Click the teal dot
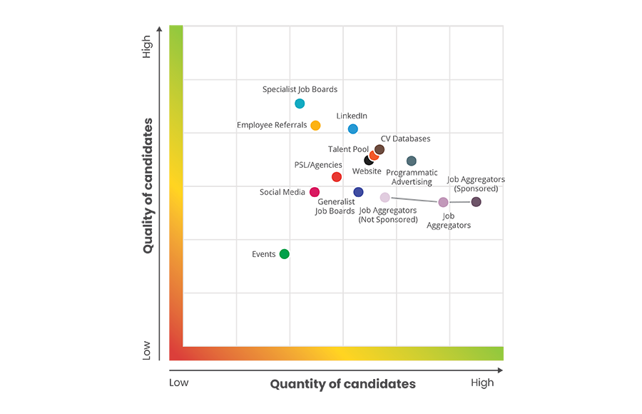coord(300,103)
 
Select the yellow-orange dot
coord(315,126)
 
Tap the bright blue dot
coord(352,128)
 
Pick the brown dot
coord(379,149)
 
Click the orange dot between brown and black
coord(374,155)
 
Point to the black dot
coord(368,161)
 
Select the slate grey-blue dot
coord(412,161)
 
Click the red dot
coord(336,176)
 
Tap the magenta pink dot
coord(315,192)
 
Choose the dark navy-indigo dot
coord(358,192)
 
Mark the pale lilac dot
coord(385,198)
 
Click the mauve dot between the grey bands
coord(443,203)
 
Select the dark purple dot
coord(476,202)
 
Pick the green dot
coord(284,253)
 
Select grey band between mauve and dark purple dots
coord(459,204)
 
